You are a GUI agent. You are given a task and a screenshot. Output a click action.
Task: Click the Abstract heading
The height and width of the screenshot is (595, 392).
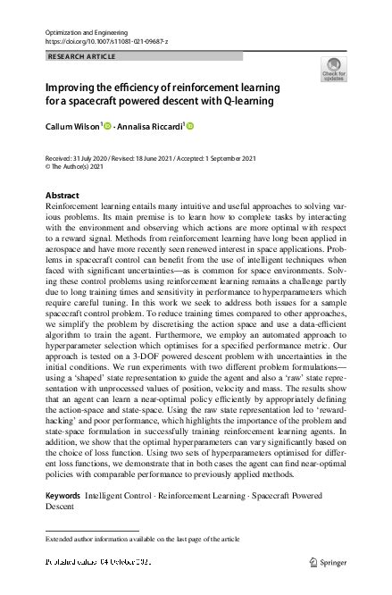(x=62, y=195)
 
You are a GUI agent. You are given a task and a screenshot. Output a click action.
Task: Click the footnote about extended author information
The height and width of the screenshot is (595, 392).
(x=142, y=539)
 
